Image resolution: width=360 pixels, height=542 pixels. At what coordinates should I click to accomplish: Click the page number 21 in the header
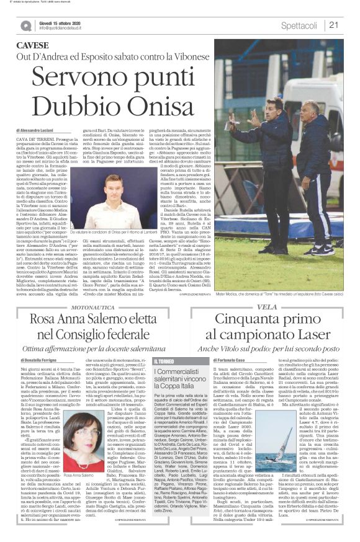(x=350, y=25)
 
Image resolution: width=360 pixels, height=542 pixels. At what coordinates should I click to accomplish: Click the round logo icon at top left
(x=25, y=25)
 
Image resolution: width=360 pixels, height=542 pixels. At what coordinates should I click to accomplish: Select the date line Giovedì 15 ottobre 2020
(x=64, y=20)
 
